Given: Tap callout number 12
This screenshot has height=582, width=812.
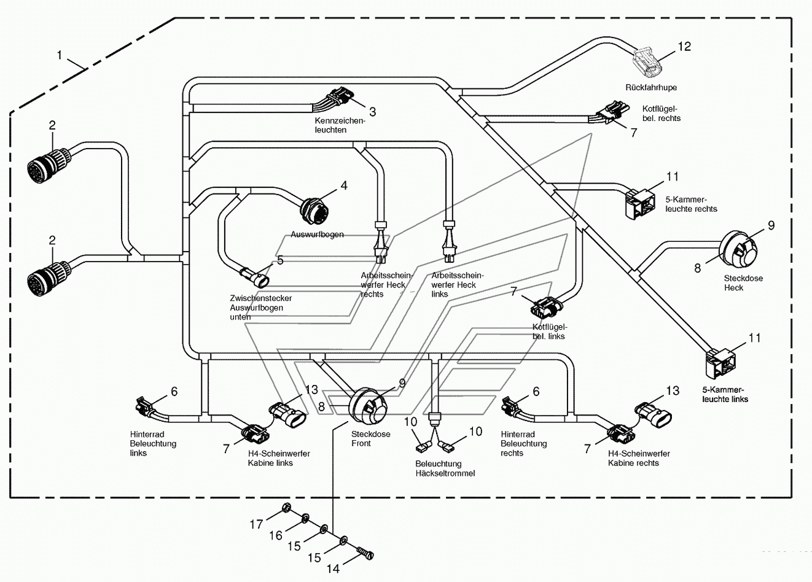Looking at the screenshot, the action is pyautogui.click(x=684, y=47).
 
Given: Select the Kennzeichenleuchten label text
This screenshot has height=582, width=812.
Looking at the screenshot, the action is pyautogui.click(x=340, y=125).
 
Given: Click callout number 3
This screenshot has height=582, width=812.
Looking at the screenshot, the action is pyautogui.click(x=372, y=112).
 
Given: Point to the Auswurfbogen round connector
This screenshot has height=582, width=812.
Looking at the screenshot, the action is pyautogui.click(x=314, y=212).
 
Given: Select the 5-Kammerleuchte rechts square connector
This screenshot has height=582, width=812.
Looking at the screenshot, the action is pyautogui.click(x=640, y=204).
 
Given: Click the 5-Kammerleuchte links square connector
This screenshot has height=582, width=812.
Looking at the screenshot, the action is pyautogui.click(x=720, y=363).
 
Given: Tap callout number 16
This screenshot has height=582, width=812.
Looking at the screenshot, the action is pyautogui.click(x=276, y=535).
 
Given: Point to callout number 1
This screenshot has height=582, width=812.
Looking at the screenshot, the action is pyautogui.click(x=60, y=55).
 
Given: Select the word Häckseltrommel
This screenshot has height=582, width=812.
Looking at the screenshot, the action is pyautogui.click(x=445, y=473).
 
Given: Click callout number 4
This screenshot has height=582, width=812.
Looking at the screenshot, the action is pyautogui.click(x=344, y=185).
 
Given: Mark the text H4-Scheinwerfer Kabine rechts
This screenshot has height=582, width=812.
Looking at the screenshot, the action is pyautogui.click(x=639, y=458).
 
